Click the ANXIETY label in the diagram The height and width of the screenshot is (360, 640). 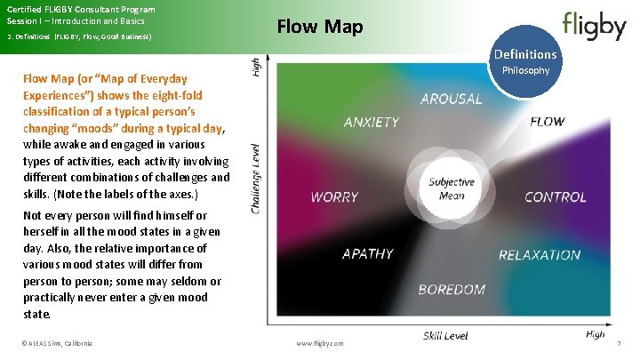click(x=371, y=123)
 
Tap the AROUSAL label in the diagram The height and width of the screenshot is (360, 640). click(x=451, y=99)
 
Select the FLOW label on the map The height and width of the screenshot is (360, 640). click(x=547, y=122)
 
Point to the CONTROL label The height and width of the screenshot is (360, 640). click(x=555, y=197)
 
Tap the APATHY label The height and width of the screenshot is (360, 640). click(x=368, y=254)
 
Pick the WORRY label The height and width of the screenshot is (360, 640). click(x=334, y=197)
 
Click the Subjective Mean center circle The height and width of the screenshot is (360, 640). click(x=452, y=189)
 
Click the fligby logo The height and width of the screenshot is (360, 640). click(x=594, y=26)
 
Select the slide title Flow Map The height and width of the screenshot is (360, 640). click(x=320, y=28)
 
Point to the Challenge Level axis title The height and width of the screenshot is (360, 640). click(x=257, y=178)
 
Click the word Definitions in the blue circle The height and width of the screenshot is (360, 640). click(x=525, y=55)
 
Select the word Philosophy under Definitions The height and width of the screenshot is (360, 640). click(x=526, y=70)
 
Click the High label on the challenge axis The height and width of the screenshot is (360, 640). click(x=257, y=68)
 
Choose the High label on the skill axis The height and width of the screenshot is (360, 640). click(x=595, y=334)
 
